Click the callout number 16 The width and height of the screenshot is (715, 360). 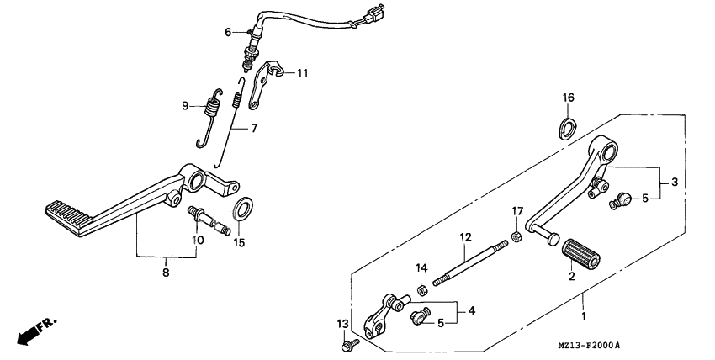[x=569, y=98]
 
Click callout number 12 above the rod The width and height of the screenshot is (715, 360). [x=464, y=239]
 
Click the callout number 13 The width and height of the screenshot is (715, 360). [x=342, y=324]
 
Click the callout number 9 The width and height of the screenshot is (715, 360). [x=187, y=106]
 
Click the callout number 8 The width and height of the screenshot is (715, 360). [x=166, y=273]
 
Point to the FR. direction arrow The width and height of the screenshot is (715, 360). [x=31, y=328]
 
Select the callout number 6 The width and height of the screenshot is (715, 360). [x=227, y=32]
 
